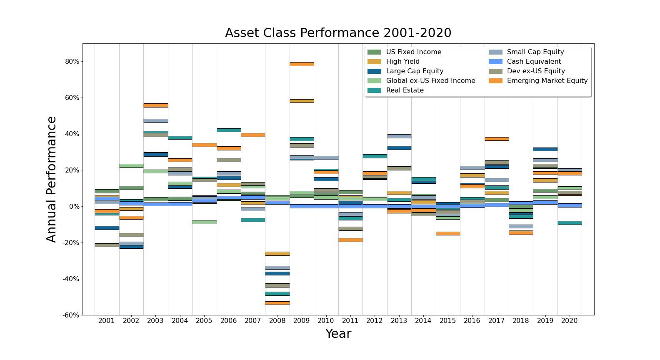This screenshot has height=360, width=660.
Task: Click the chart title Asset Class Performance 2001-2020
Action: (338, 33)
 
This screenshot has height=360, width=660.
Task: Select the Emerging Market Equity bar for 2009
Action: (302, 64)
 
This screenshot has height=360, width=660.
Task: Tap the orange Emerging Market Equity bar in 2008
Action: (277, 303)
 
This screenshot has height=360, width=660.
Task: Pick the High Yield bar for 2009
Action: (302, 101)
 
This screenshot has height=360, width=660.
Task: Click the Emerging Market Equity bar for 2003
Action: (156, 105)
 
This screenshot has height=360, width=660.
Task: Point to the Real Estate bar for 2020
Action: (570, 223)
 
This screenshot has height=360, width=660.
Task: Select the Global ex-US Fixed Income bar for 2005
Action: (204, 222)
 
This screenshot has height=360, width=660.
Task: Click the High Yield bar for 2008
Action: (277, 253)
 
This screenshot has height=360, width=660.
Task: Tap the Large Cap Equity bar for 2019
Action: (545, 149)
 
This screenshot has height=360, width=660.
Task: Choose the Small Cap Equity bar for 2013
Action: (399, 136)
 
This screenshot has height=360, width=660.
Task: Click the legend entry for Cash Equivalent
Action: (534, 62)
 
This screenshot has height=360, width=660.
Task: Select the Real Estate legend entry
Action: (405, 90)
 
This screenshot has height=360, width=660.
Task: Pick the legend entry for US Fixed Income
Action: (413, 52)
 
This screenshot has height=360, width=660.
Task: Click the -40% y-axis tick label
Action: (71, 279)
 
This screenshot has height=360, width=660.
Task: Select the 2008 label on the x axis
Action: (277, 320)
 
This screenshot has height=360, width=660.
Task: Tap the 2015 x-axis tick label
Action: (448, 320)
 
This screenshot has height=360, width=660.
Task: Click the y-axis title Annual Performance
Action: (51, 179)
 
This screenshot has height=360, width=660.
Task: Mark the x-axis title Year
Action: (338, 334)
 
